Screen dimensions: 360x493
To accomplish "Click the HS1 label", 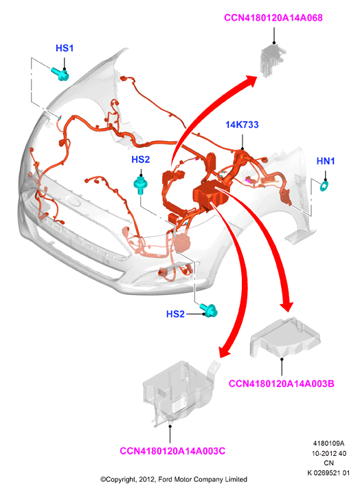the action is pyautogui.click(x=65, y=48).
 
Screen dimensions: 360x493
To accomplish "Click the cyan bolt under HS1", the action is pyautogui.click(x=60, y=74).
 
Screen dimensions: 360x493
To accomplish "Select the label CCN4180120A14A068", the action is pyautogui.click(x=273, y=18).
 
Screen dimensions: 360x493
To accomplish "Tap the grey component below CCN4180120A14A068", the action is pyautogui.click(x=273, y=60).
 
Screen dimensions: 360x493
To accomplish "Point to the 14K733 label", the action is pyautogui.click(x=242, y=125).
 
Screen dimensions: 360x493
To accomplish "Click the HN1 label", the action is pyautogui.click(x=326, y=161).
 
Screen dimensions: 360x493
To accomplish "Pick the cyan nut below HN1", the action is pyautogui.click(x=324, y=186).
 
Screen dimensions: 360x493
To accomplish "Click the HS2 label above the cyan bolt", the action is pyautogui.click(x=140, y=160).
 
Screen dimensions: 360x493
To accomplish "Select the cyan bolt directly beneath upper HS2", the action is pyautogui.click(x=141, y=185).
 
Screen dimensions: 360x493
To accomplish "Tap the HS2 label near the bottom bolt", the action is pyautogui.click(x=175, y=314).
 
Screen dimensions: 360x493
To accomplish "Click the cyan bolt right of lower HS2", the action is pyautogui.click(x=210, y=310).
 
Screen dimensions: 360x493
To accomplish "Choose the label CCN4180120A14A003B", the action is pyautogui.click(x=281, y=384).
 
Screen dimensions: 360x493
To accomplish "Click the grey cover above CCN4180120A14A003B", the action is pyautogui.click(x=284, y=338).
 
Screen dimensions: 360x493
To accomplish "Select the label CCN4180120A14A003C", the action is pyautogui.click(x=172, y=451).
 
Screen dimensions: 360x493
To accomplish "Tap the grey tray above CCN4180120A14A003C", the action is pyautogui.click(x=179, y=393).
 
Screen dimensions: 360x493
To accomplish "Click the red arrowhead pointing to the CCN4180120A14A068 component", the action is pyautogui.click(x=250, y=82).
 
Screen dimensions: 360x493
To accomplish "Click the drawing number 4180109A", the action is pyautogui.click(x=328, y=443).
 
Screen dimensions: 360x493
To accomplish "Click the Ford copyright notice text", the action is pyautogui.click(x=173, y=479).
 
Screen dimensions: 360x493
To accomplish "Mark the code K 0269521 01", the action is pyautogui.click(x=328, y=473).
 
